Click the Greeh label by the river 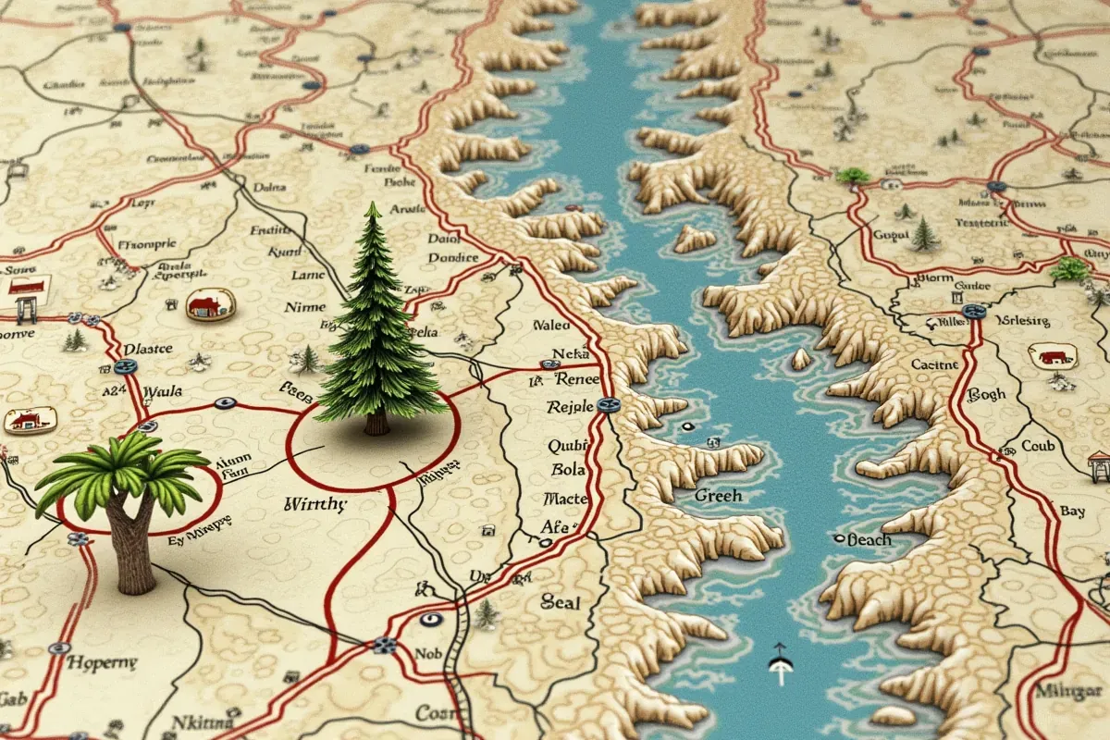(718, 496)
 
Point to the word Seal (561, 603)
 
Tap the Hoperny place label (103, 663)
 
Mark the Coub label (1037, 446)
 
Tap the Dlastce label (148, 349)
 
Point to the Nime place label (306, 307)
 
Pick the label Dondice (453, 258)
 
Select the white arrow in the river (780, 661)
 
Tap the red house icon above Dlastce (210, 303)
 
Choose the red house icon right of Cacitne (1053, 356)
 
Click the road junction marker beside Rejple (607, 404)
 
